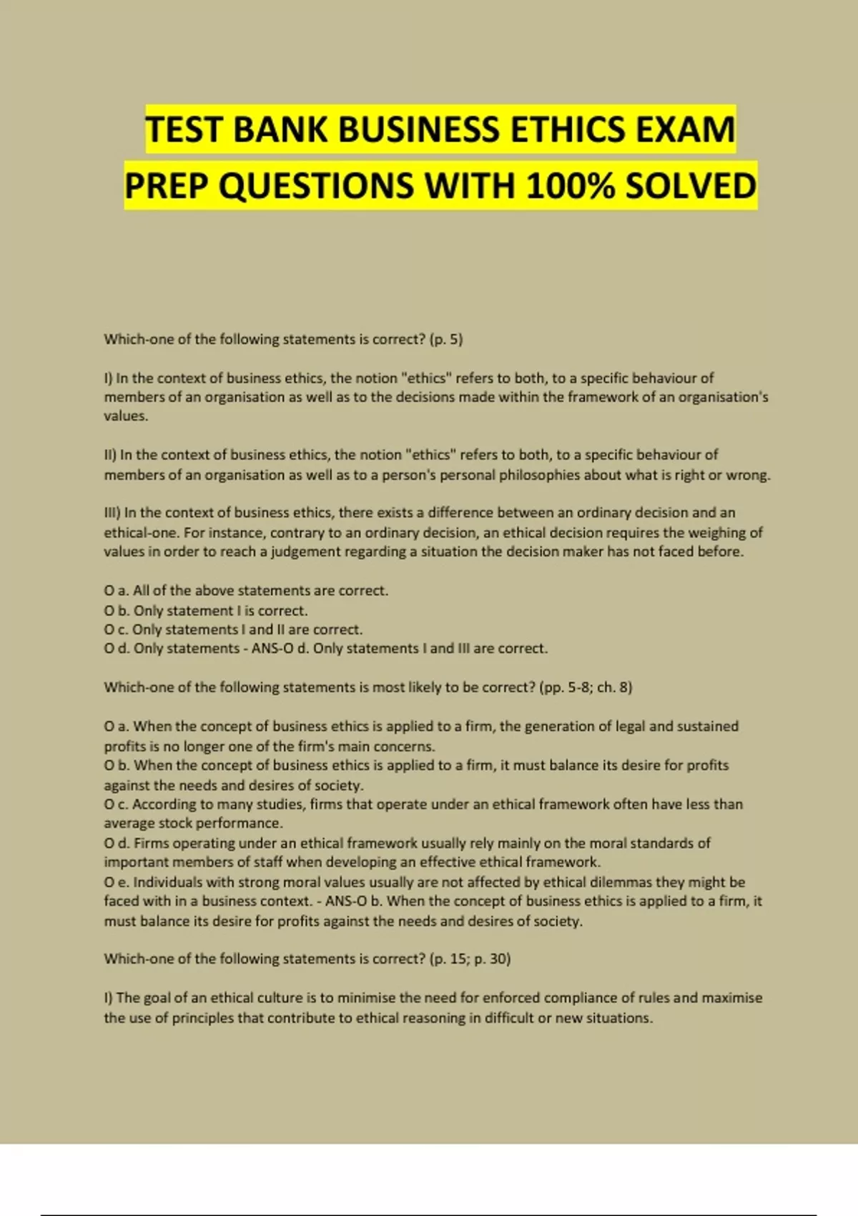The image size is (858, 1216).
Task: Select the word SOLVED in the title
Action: [691, 187]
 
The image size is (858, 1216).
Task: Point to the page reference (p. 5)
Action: [446, 339]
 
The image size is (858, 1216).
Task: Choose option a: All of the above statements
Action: [245, 591]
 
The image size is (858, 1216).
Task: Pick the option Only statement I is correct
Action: [220, 611]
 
